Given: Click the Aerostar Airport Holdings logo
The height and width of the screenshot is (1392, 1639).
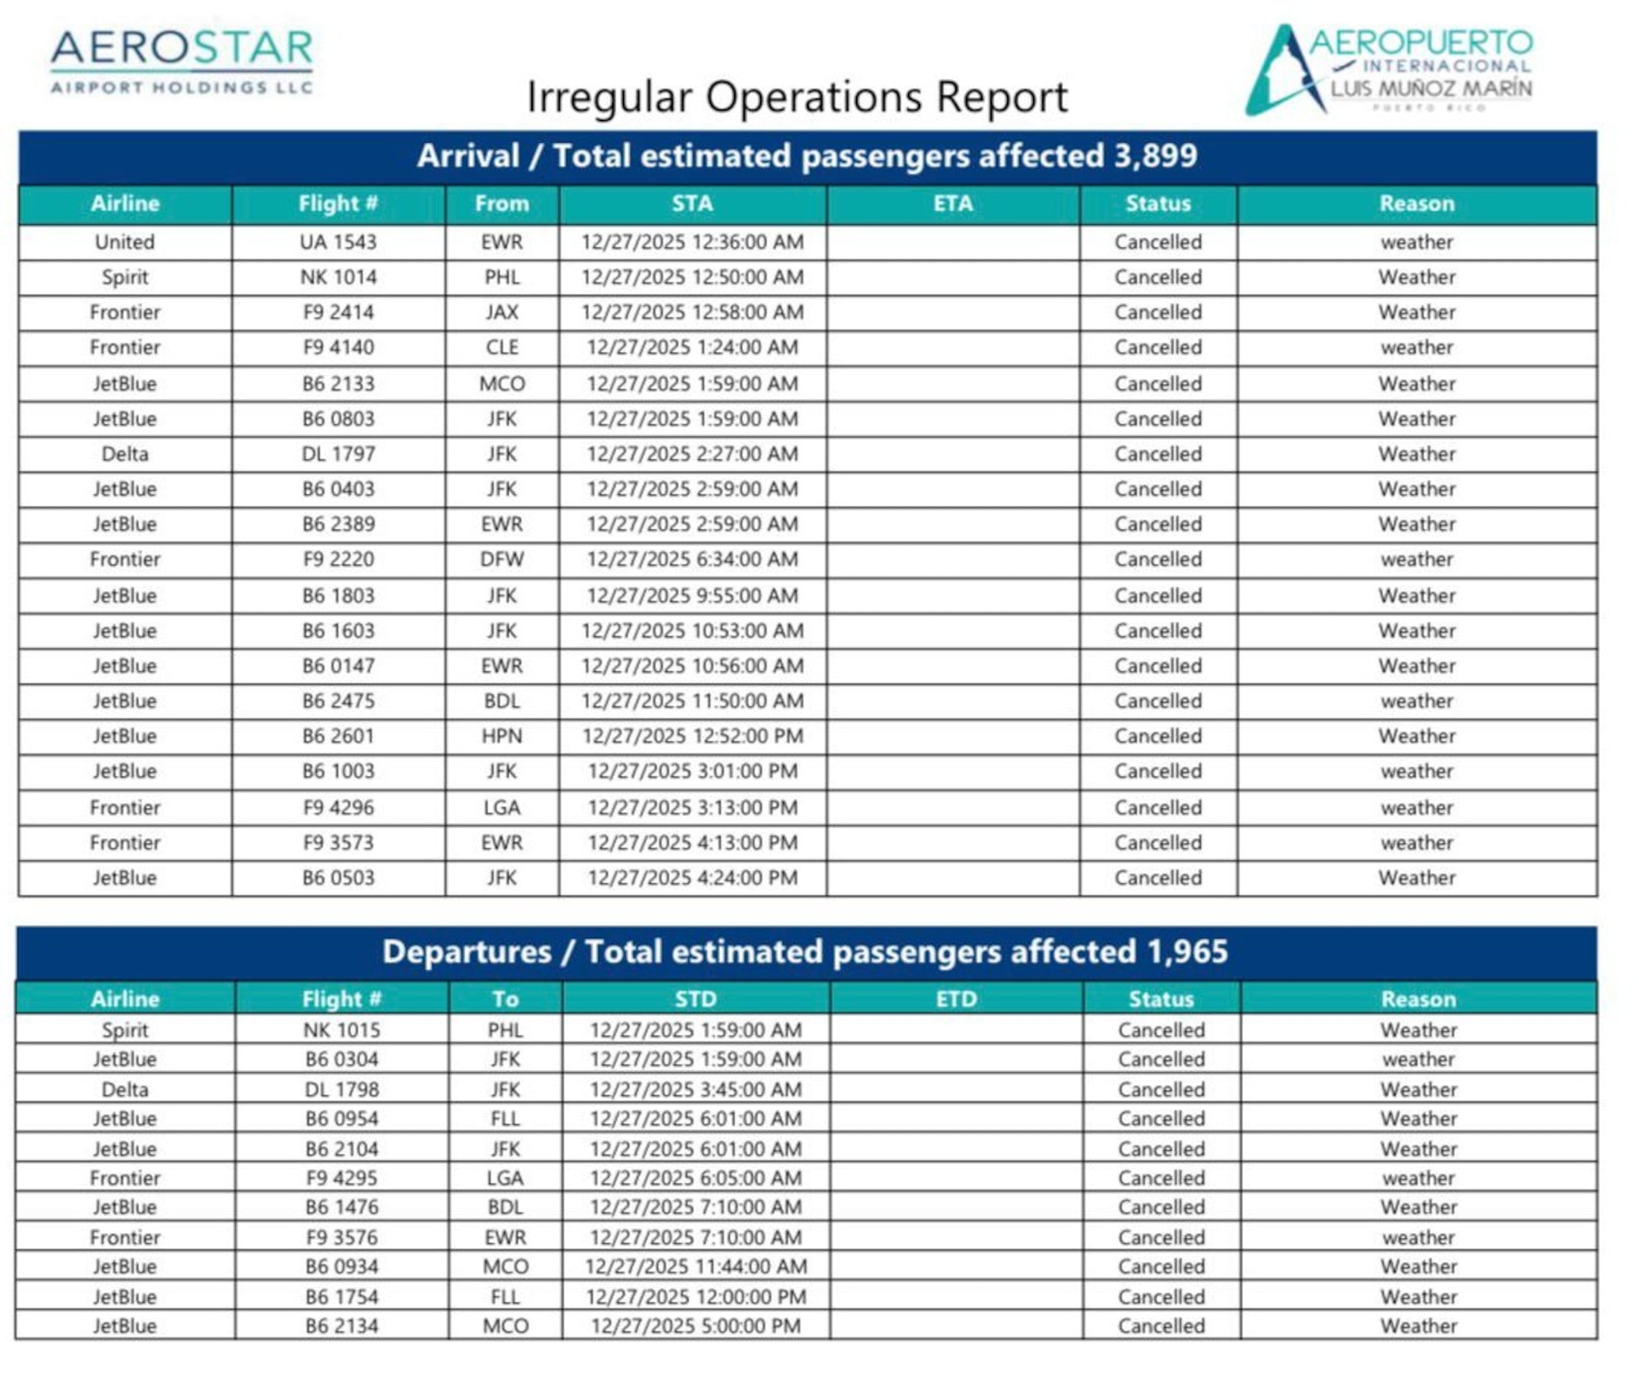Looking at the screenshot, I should click(x=181, y=61).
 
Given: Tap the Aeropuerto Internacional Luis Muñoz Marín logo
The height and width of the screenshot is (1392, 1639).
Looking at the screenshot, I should click(x=1389, y=69).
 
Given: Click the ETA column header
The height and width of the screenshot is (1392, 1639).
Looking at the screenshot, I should click(x=953, y=204).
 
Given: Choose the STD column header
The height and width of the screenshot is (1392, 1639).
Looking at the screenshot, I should click(x=695, y=999).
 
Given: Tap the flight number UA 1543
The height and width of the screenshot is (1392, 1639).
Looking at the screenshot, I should click(x=338, y=242).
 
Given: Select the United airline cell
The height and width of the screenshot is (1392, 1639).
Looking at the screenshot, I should click(x=125, y=242).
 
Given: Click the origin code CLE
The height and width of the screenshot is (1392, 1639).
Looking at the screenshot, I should click(x=502, y=347).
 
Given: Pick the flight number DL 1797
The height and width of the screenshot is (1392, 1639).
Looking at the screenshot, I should click(x=338, y=454).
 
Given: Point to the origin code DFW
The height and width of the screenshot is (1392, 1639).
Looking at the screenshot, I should click(x=502, y=560).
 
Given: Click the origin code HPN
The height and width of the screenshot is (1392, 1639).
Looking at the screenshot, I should click(x=502, y=736).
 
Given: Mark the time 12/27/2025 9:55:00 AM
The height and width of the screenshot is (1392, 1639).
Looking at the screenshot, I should click(x=692, y=595).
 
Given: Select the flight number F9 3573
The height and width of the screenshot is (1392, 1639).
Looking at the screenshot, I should click(x=338, y=843).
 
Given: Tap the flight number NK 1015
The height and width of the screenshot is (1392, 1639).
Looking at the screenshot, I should click(x=342, y=1030).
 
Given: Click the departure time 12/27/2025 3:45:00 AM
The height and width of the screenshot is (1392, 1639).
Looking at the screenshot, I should click(x=695, y=1089).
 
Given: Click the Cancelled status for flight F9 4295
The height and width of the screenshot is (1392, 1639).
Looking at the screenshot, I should click(x=1161, y=1178).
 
